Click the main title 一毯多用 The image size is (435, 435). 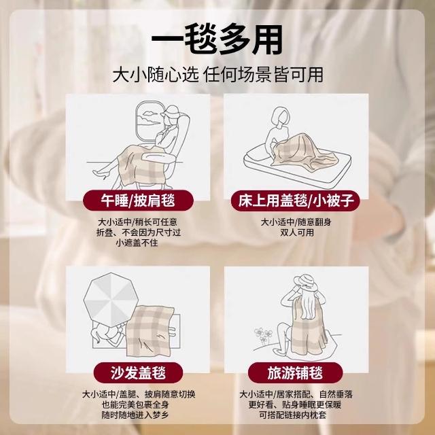point(217,39)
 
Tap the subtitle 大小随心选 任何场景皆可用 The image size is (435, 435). point(217,75)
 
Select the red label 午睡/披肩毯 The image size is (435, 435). point(138,201)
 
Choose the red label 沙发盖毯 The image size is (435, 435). point(138,372)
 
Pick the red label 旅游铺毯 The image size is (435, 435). point(296,372)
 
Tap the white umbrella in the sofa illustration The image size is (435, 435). point(111,299)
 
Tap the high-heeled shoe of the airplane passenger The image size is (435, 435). point(101,173)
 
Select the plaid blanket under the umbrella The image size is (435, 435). point(150,330)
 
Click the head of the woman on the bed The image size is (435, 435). point(279,116)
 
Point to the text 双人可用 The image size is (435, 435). point(296,232)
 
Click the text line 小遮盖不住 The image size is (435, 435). point(137,243)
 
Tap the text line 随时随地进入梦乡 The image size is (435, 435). point(135,415)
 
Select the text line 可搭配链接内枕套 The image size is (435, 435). point(293,415)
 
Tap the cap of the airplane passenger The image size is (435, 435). point(171,111)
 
